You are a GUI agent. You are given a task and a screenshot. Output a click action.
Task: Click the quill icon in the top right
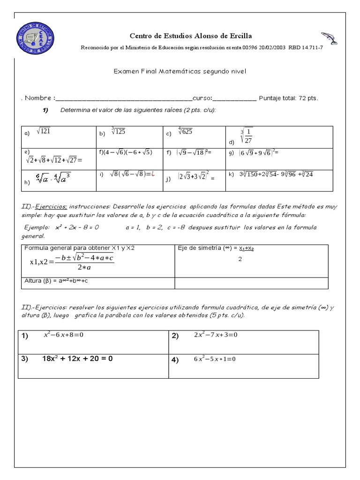tap(329, 39)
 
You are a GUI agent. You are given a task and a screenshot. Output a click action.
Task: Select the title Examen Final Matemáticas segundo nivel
tap(180, 71)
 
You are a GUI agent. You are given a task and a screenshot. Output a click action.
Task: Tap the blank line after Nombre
tap(124, 98)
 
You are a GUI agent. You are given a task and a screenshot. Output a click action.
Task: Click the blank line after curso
tap(235, 98)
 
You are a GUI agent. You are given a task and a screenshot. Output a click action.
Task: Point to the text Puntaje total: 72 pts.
tap(288, 98)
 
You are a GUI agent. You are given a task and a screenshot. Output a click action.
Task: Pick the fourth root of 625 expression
tap(184, 132)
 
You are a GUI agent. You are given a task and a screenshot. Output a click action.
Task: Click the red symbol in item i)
tap(153, 174)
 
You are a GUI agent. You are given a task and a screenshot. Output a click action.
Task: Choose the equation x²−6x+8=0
tap(63, 336)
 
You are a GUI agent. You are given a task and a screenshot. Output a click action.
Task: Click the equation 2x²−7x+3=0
tap(216, 336)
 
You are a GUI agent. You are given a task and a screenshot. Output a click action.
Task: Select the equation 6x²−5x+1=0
tap(214, 360)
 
